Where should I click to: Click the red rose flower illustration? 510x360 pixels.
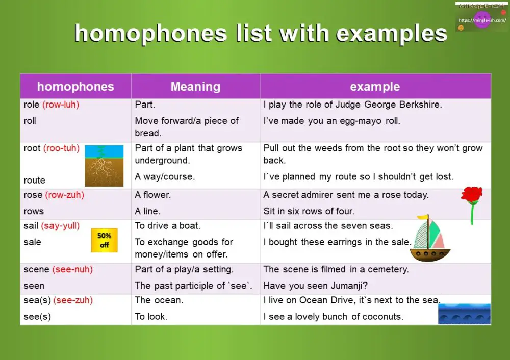tap(472, 196)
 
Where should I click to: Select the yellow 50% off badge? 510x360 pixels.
tap(104, 240)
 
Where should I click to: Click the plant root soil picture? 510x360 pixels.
tap(104, 166)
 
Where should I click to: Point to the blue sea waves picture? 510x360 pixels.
tap(464, 314)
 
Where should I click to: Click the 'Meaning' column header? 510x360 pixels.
tap(195, 87)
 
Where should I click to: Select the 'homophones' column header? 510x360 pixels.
tap(75, 87)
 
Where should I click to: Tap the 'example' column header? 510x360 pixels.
tap(375, 87)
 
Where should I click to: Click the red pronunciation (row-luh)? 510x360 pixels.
tap(61, 105)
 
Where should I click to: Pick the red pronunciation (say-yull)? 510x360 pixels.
tap(60, 225)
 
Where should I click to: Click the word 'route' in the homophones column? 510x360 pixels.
tap(34, 180)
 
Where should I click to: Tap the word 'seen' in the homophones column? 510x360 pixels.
tap(34, 286)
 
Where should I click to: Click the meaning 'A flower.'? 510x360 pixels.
tap(153, 195)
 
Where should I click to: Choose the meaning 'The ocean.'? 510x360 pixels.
tap(159, 300)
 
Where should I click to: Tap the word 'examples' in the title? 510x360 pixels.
tap(392, 34)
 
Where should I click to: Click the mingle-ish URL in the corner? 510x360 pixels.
tap(482, 21)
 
